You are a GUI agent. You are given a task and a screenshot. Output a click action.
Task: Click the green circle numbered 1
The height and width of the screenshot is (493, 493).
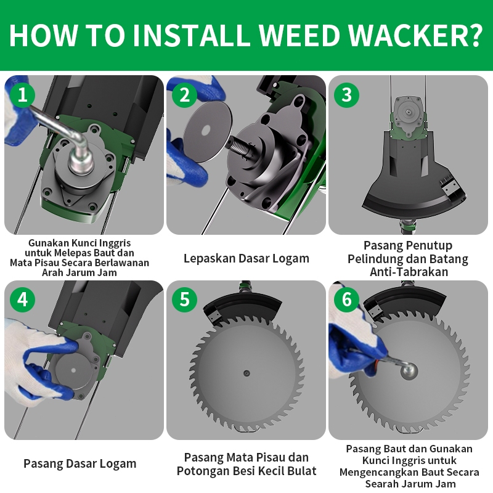point(22,94)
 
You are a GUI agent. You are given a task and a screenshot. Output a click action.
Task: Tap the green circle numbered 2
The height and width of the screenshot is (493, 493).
point(184,94)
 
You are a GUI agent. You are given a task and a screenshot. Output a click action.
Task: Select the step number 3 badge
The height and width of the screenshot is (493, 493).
point(346,94)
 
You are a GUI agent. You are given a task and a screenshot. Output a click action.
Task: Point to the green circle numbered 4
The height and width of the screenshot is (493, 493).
point(22,299)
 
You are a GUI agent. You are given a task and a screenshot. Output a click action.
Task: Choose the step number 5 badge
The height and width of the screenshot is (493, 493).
point(184,299)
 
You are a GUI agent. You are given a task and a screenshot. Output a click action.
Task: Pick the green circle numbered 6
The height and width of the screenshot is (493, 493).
point(346,299)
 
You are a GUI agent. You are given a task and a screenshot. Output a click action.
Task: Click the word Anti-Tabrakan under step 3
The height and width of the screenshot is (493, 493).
point(409,272)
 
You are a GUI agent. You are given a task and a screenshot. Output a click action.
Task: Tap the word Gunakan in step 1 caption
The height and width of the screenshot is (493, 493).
point(49,243)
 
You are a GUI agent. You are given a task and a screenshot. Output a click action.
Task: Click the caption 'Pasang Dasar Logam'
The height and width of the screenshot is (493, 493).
point(80,464)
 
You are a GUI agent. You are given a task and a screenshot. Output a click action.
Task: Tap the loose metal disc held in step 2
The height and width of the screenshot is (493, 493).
point(208,131)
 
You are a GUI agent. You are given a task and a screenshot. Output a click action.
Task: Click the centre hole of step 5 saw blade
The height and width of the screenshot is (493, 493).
point(246,373)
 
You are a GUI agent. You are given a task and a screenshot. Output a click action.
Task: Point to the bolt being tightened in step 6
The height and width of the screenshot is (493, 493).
point(409,371)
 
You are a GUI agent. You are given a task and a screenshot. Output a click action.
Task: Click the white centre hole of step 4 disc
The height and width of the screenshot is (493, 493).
point(74,370)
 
